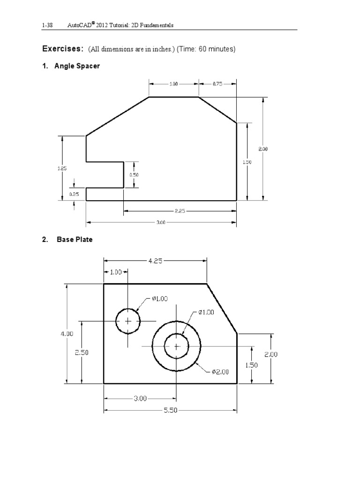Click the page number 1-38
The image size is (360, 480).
(47, 25)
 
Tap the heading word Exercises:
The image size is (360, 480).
(63, 49)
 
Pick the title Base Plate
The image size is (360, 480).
(75, 240)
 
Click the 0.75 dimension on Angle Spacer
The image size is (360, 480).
(217, 84)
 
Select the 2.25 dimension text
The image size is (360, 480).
(180, 211)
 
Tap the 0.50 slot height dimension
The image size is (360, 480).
(135, 174)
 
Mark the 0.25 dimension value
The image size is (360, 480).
(74, 194)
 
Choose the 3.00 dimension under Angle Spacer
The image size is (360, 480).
(160, 222)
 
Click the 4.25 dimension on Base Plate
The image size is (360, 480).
(155, 261)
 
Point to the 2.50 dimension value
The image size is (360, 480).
(82, 352)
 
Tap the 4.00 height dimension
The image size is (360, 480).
(67, 334)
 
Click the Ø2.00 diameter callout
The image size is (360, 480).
(219, 372)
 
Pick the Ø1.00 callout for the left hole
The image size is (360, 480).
(159, 298)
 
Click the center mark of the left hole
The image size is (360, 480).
(127, 321)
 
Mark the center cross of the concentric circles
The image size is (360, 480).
(176, 346)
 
